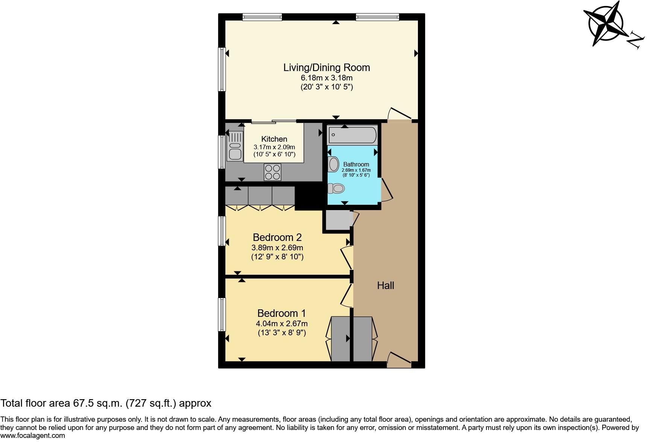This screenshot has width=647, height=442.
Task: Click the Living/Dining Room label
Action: pyautogui.click(x=327, y=68)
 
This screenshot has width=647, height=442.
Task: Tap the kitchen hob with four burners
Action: pyautogui.click(x=273, y=173)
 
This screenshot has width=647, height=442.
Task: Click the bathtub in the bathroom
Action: pyautogui.click(x=352, y=135)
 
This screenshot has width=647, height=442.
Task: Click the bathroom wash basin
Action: pyautogui.click(x=333, y=164)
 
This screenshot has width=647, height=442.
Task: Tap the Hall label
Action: pyautogui.click(x=386, y=286)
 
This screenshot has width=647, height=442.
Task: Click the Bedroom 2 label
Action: pyautogui.click(x=277, y=238)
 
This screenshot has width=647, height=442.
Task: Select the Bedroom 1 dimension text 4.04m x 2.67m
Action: pyautogui.click(x=282, y=324)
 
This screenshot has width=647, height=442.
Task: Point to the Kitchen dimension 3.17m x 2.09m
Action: pyautogui.click(x=274, y=147)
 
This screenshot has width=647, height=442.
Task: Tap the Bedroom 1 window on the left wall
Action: pyautogui.click(x=222, y=315)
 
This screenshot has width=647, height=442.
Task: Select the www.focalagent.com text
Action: pyautogui.click(x=33, y=436)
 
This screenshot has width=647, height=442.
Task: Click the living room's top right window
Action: pyautogui.click(x=377, y=17)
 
